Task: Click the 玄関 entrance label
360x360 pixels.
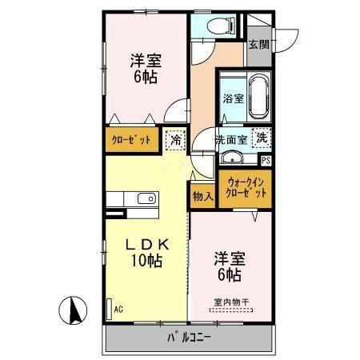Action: point(258,45)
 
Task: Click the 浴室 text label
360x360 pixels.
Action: point(233,101)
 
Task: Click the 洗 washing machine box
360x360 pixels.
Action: point(262,138)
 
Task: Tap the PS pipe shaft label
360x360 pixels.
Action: point(266,160)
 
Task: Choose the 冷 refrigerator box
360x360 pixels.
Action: point(175,141)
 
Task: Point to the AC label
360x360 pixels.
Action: point(118,308)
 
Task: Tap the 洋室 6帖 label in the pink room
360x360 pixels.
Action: point(227,267)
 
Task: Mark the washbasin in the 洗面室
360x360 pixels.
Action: point(230,158)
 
